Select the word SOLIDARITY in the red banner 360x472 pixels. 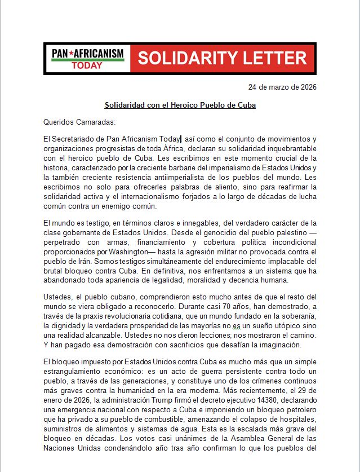(x=192, y=58)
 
